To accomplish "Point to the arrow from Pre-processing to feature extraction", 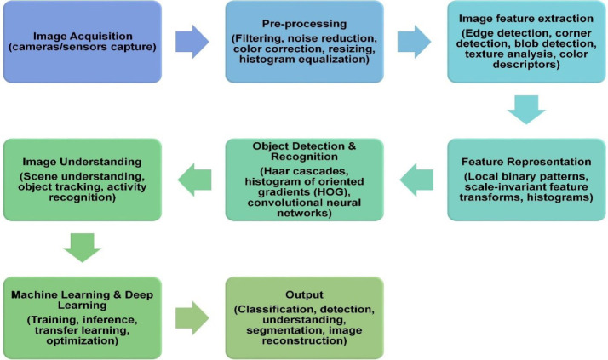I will (x=415, y=40).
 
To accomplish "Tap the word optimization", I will (x=83, y=341).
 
